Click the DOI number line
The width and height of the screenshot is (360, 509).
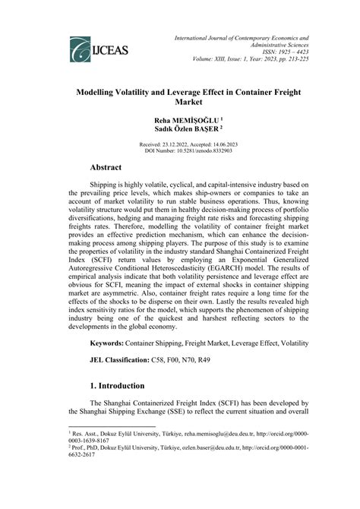pos(179,150)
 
